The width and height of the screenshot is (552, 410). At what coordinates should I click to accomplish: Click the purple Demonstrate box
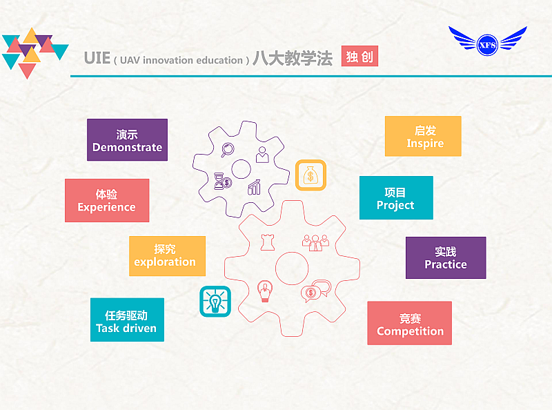point(127,140)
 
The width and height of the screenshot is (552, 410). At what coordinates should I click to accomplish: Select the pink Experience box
point(107,200)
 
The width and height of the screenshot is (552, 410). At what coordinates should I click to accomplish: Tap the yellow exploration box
point(167,256)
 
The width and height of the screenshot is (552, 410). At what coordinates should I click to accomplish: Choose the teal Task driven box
point(127,320)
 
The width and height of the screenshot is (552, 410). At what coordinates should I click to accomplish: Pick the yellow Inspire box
point(423,136)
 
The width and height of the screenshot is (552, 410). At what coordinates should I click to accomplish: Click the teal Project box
point(396,197)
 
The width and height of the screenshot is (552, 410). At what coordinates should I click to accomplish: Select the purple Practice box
point(446,258)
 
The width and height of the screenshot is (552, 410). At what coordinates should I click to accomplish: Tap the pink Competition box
point(409,323)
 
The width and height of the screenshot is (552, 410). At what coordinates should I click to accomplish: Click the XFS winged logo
point(488,41)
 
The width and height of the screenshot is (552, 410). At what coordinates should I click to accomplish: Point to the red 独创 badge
point(359,56)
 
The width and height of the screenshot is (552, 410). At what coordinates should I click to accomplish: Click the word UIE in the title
point(97,58)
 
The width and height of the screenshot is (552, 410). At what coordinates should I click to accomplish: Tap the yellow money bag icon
point(311,175)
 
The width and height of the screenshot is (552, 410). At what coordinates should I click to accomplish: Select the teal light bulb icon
point(215,302)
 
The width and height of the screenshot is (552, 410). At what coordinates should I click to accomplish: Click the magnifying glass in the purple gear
point(228,150)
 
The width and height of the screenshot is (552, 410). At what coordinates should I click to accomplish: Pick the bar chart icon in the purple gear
point(254,187)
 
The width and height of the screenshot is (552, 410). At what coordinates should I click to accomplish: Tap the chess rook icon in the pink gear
point(268,242)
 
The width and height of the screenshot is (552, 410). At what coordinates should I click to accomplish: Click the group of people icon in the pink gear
point(315,243)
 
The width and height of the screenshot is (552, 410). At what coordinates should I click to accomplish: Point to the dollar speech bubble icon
point(316,291)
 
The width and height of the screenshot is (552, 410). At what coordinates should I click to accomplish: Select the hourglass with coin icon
point(223,181)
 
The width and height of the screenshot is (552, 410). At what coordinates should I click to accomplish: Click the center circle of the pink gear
point(292,269)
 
